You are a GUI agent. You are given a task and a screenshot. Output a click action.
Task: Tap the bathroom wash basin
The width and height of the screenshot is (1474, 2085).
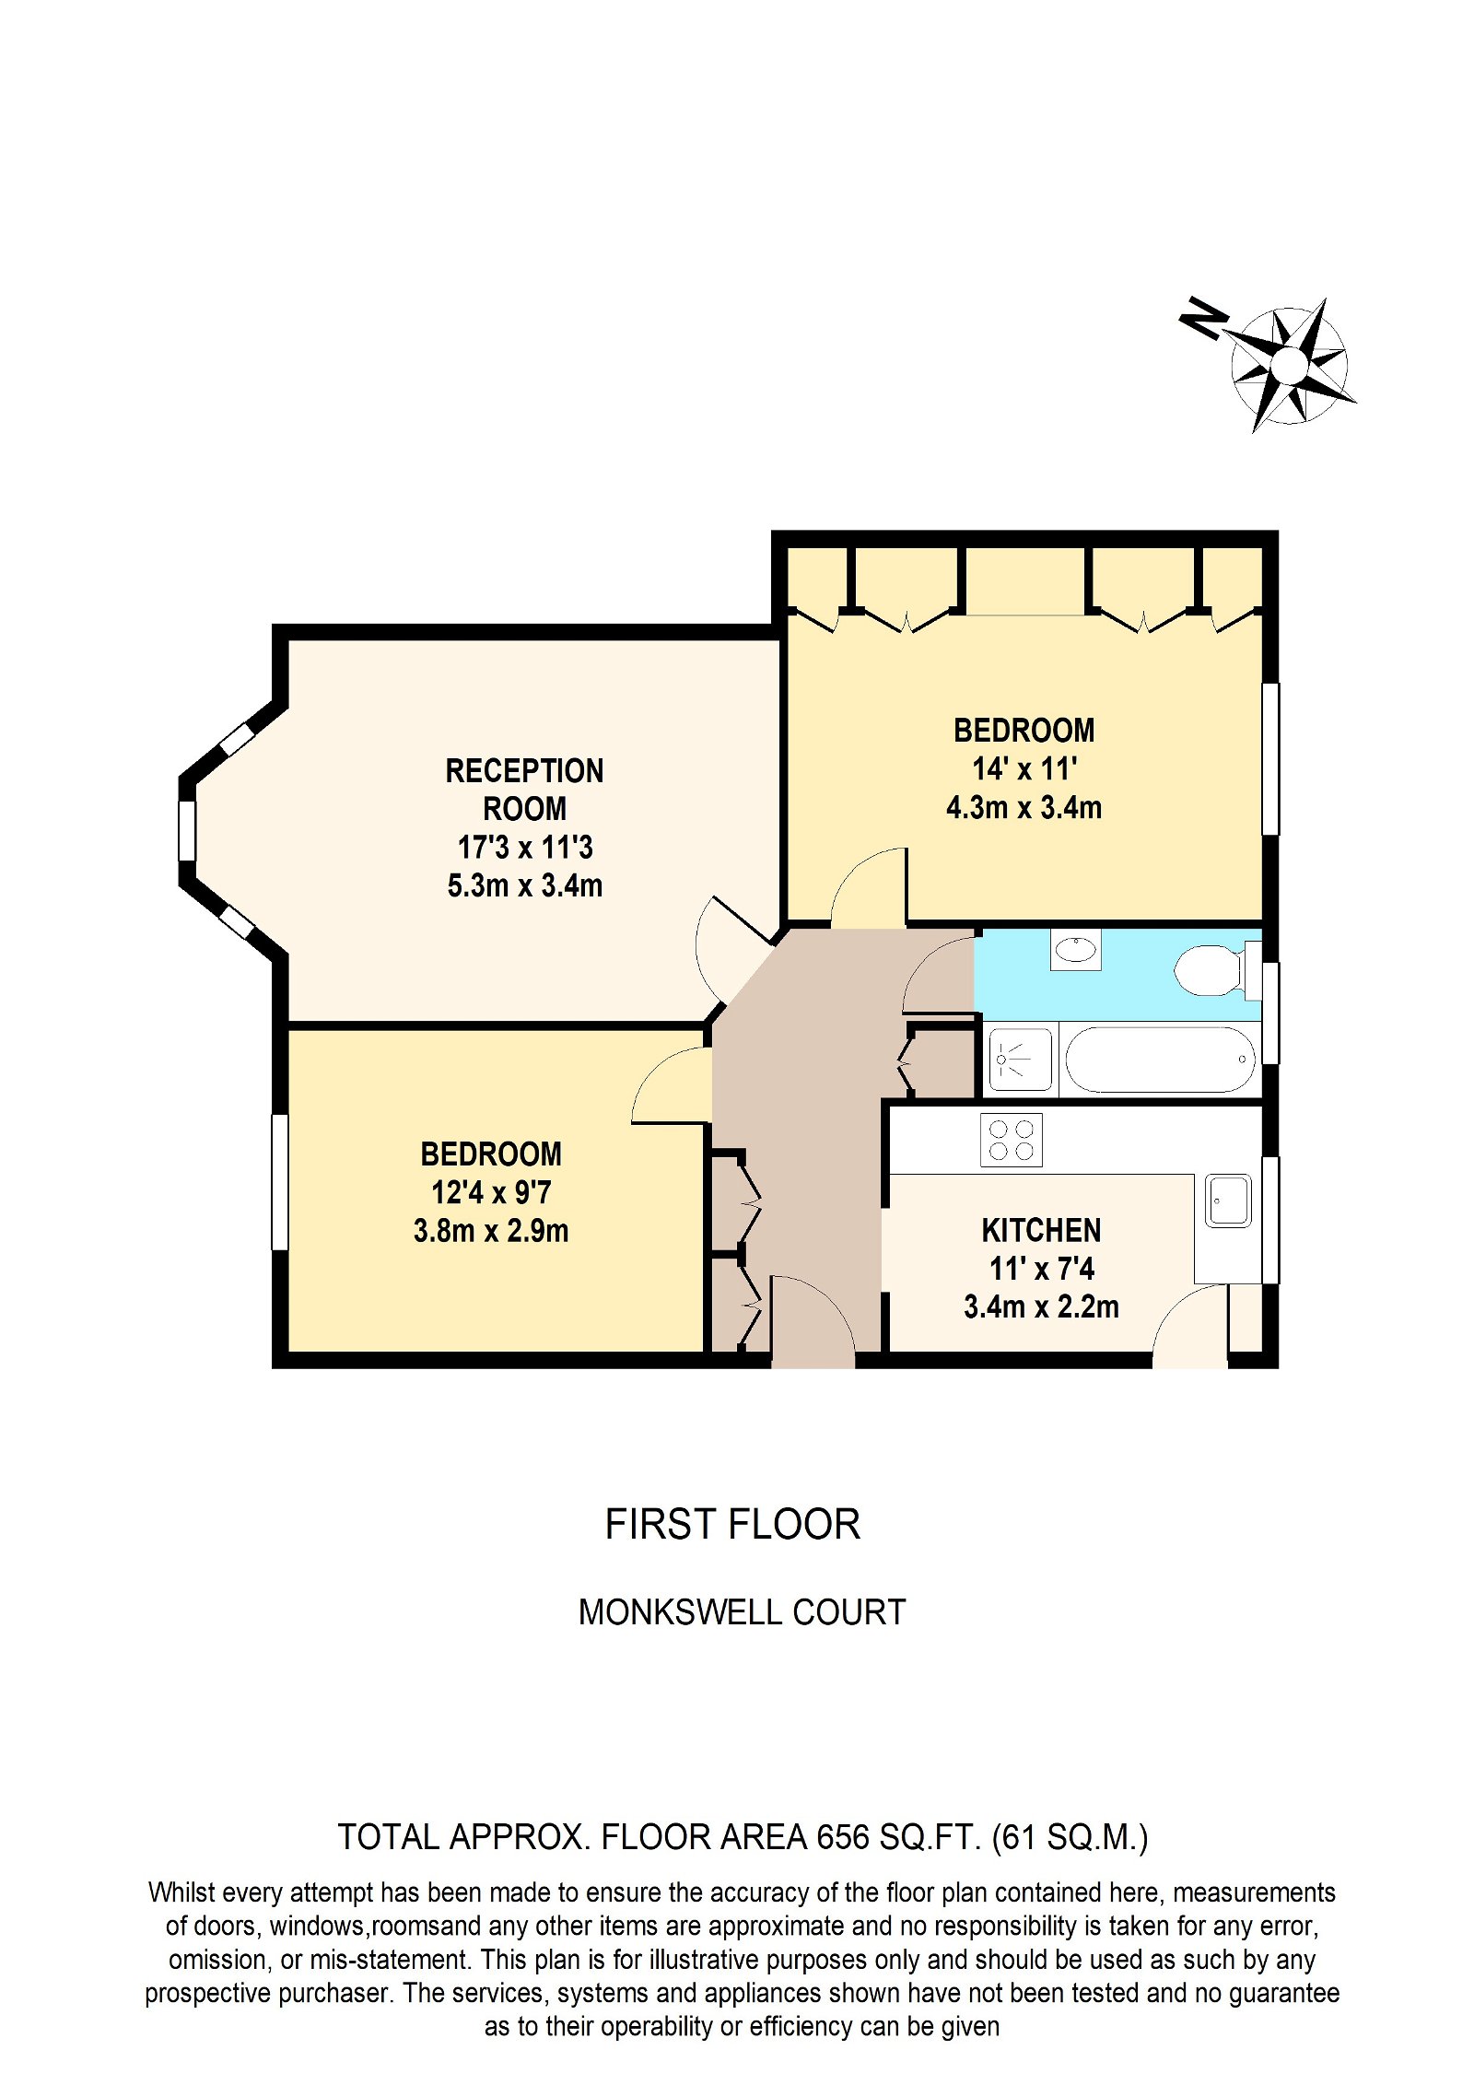tap(1075, 948)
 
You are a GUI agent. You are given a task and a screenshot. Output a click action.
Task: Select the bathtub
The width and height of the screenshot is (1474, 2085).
tap(1159, 1060)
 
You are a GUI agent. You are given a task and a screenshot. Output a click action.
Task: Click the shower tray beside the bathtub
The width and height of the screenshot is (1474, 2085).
tap(1019, 1060)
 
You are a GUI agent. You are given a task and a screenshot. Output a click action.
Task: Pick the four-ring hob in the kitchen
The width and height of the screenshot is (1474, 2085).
tap(1011, 1140)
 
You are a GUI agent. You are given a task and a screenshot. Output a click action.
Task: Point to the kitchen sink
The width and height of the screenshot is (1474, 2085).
tap(1227, 1201)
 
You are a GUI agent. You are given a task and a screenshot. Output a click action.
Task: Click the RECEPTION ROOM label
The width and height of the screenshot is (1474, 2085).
tap(524, 790)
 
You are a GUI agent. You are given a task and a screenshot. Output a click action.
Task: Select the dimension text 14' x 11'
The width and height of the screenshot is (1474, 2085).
tap(1024, 768)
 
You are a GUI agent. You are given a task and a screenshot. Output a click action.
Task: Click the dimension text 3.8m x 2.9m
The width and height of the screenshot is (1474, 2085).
tap(490, 1231)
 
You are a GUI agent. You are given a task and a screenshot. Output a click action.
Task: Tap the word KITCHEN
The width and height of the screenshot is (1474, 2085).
tap(1041, 1230)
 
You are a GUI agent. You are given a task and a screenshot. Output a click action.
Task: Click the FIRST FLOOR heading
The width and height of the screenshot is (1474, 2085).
tap(732, 1525)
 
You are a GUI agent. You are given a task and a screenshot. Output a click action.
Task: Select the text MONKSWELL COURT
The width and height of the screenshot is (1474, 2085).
tap(742, 1612)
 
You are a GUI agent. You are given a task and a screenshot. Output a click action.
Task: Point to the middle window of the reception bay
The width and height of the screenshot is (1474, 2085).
tap(187, 830)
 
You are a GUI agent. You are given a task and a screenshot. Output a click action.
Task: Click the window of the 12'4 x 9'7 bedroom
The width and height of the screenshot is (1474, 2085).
tap(280, 1182)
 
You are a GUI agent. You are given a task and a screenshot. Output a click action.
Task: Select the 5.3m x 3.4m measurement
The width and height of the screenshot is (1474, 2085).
tap(524, 885)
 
